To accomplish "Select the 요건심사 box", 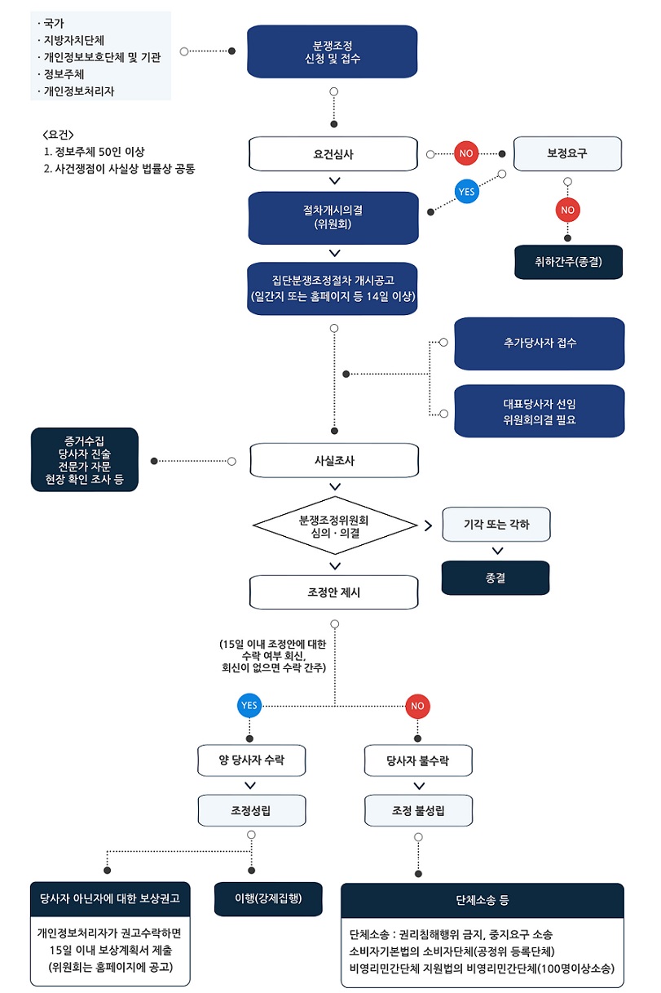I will coord(333,153).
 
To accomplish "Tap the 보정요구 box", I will coord(566,153).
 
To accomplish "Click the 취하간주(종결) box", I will coord(568,263).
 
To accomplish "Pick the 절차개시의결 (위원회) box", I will coord(333,216).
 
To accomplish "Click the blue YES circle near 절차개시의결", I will coord(466,192).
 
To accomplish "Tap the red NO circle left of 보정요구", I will coord(466,153).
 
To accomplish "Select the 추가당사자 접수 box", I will coord(540,344).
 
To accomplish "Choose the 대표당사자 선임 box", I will coord(540,411).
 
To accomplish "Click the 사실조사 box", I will coord(334,460).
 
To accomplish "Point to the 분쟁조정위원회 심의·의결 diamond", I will coord(334,525).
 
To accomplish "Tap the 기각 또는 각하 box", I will coord(496,525).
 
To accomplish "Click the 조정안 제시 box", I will coord(334,592).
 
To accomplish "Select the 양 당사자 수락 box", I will coord(251,760).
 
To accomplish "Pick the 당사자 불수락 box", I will coord(418,760).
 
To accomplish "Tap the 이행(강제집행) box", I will coord(268,898).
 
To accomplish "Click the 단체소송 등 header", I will coord(482,900).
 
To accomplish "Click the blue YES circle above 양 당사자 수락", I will coord(249,705).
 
